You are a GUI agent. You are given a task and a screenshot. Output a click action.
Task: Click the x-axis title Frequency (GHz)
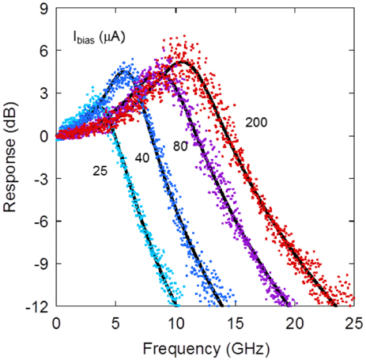tap(205, 346)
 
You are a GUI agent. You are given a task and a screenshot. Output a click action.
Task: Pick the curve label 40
tap(141, 158)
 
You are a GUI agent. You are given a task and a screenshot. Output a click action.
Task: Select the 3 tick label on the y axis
tap(46, 93)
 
